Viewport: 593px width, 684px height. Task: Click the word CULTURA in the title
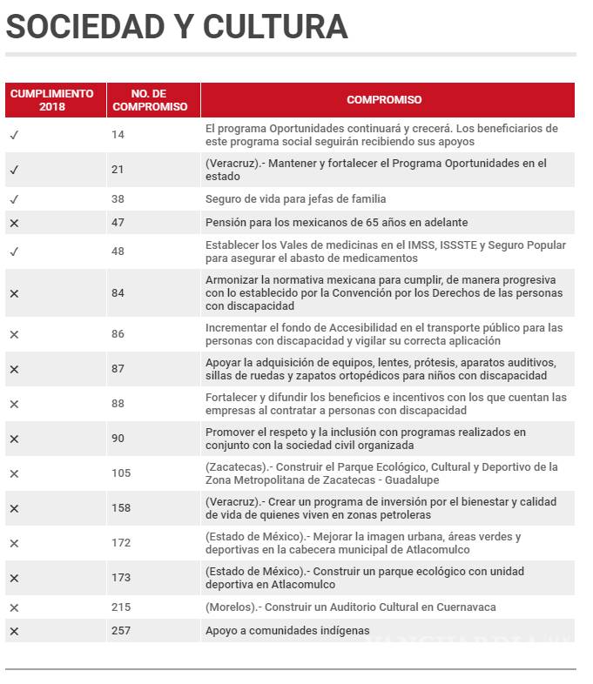point(275,27)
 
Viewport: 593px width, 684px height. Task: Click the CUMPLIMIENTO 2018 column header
point(51,100)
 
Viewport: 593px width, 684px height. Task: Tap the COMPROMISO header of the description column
point(384,100)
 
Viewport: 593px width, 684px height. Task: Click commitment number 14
point(118,135)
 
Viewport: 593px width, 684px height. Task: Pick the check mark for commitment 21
point(14,170)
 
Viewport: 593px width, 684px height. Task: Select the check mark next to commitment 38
point(14,199)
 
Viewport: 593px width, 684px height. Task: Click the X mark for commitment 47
point(14,223)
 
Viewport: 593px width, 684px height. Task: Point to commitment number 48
point(118,251)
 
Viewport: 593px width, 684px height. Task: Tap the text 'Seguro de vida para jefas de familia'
point(295,199)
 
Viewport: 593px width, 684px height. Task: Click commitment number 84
point(118,293)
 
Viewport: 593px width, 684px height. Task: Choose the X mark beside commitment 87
point(14,369)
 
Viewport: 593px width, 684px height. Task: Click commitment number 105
point(120,473)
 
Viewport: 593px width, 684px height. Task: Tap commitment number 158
point(120,508)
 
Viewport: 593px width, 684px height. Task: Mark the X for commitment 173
point(14,578)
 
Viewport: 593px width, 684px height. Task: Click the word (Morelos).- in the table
point(232,607)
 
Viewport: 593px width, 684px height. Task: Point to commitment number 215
point(120,607)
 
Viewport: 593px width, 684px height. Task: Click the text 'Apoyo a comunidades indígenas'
point(287,631)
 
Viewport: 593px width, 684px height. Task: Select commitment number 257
point(120,631)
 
